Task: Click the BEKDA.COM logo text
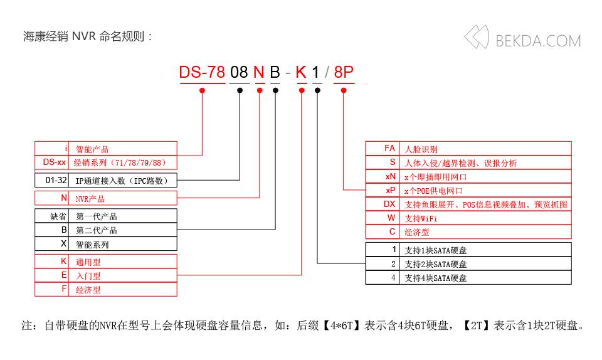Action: (x=538, y=41)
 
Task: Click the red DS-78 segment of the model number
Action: (x=201, y=73)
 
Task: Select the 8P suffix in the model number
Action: (x=344, y=73)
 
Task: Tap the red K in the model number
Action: (x=301, y=73)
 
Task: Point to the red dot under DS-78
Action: (x=202, y=90)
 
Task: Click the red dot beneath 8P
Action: (x=344, y=90)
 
